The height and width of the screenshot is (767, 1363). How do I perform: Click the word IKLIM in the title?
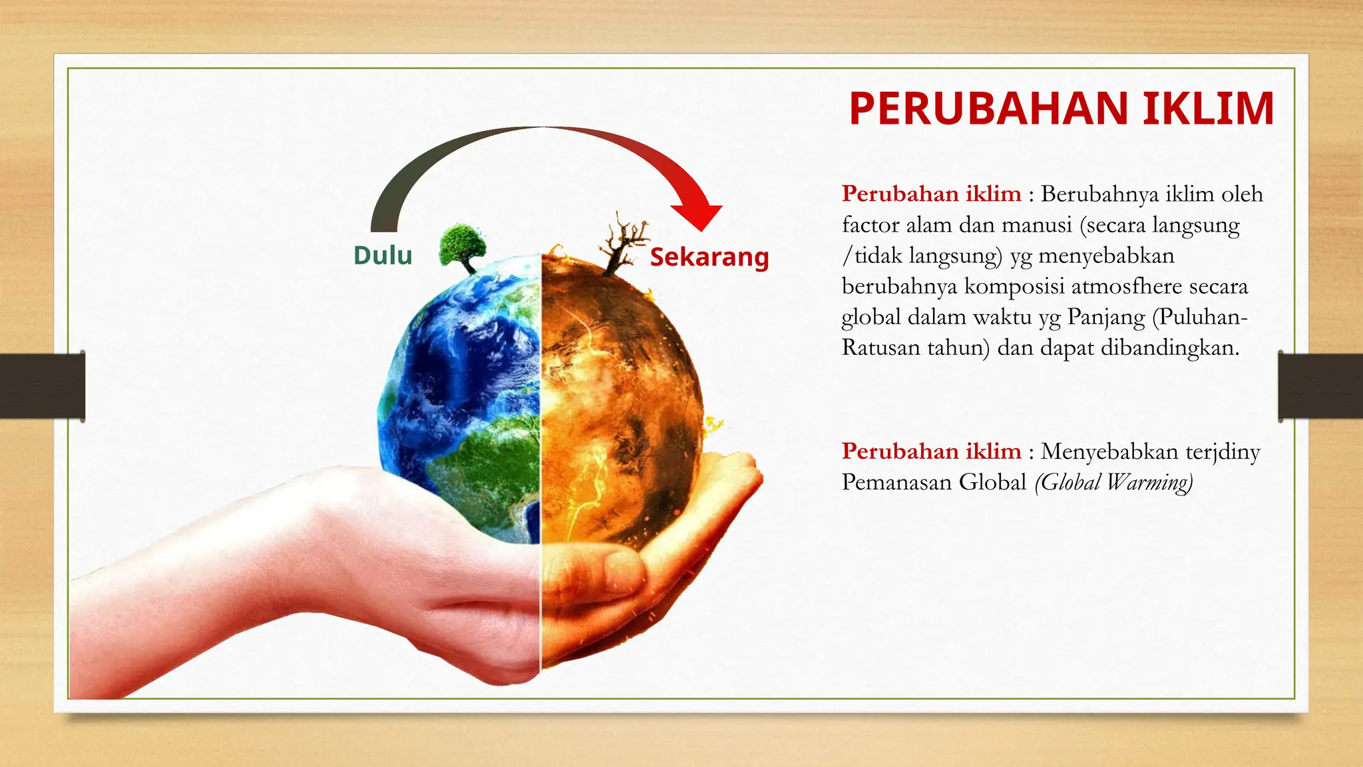coord(1208,109)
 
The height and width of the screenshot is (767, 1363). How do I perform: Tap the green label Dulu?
coord(383,256)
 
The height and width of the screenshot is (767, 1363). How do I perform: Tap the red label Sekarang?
coord(709,257)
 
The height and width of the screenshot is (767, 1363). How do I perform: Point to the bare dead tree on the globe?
coord(623,244)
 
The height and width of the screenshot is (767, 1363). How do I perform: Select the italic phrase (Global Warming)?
coord(1113,482)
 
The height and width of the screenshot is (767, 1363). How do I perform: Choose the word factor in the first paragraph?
coord(871,225)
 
